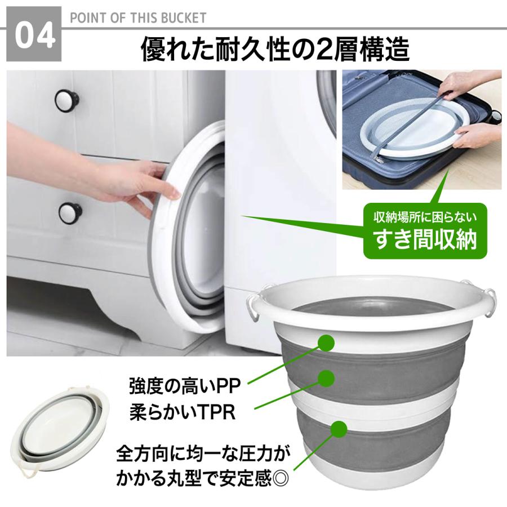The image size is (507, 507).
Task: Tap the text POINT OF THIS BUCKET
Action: point(138,17)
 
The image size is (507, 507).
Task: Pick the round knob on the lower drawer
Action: point(70,212)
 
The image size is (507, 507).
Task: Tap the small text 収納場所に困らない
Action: point(425,217)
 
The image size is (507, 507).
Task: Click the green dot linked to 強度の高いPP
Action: point(326,342)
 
